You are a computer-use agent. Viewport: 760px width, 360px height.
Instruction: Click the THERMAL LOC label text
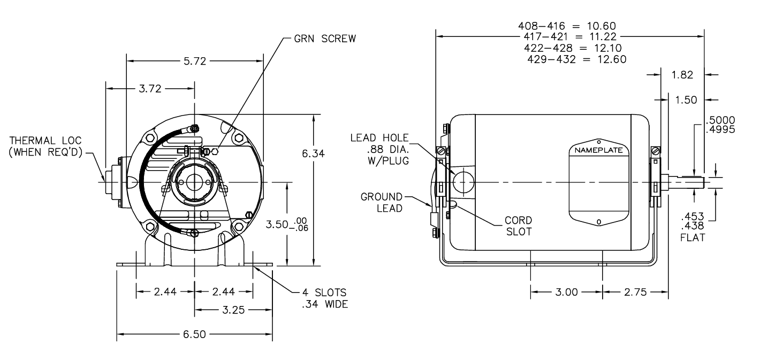[x=45, y=140]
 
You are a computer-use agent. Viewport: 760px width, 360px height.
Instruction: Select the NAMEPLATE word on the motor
[x=598, y=150]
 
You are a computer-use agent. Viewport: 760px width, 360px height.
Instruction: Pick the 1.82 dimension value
[x=682, y=75]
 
